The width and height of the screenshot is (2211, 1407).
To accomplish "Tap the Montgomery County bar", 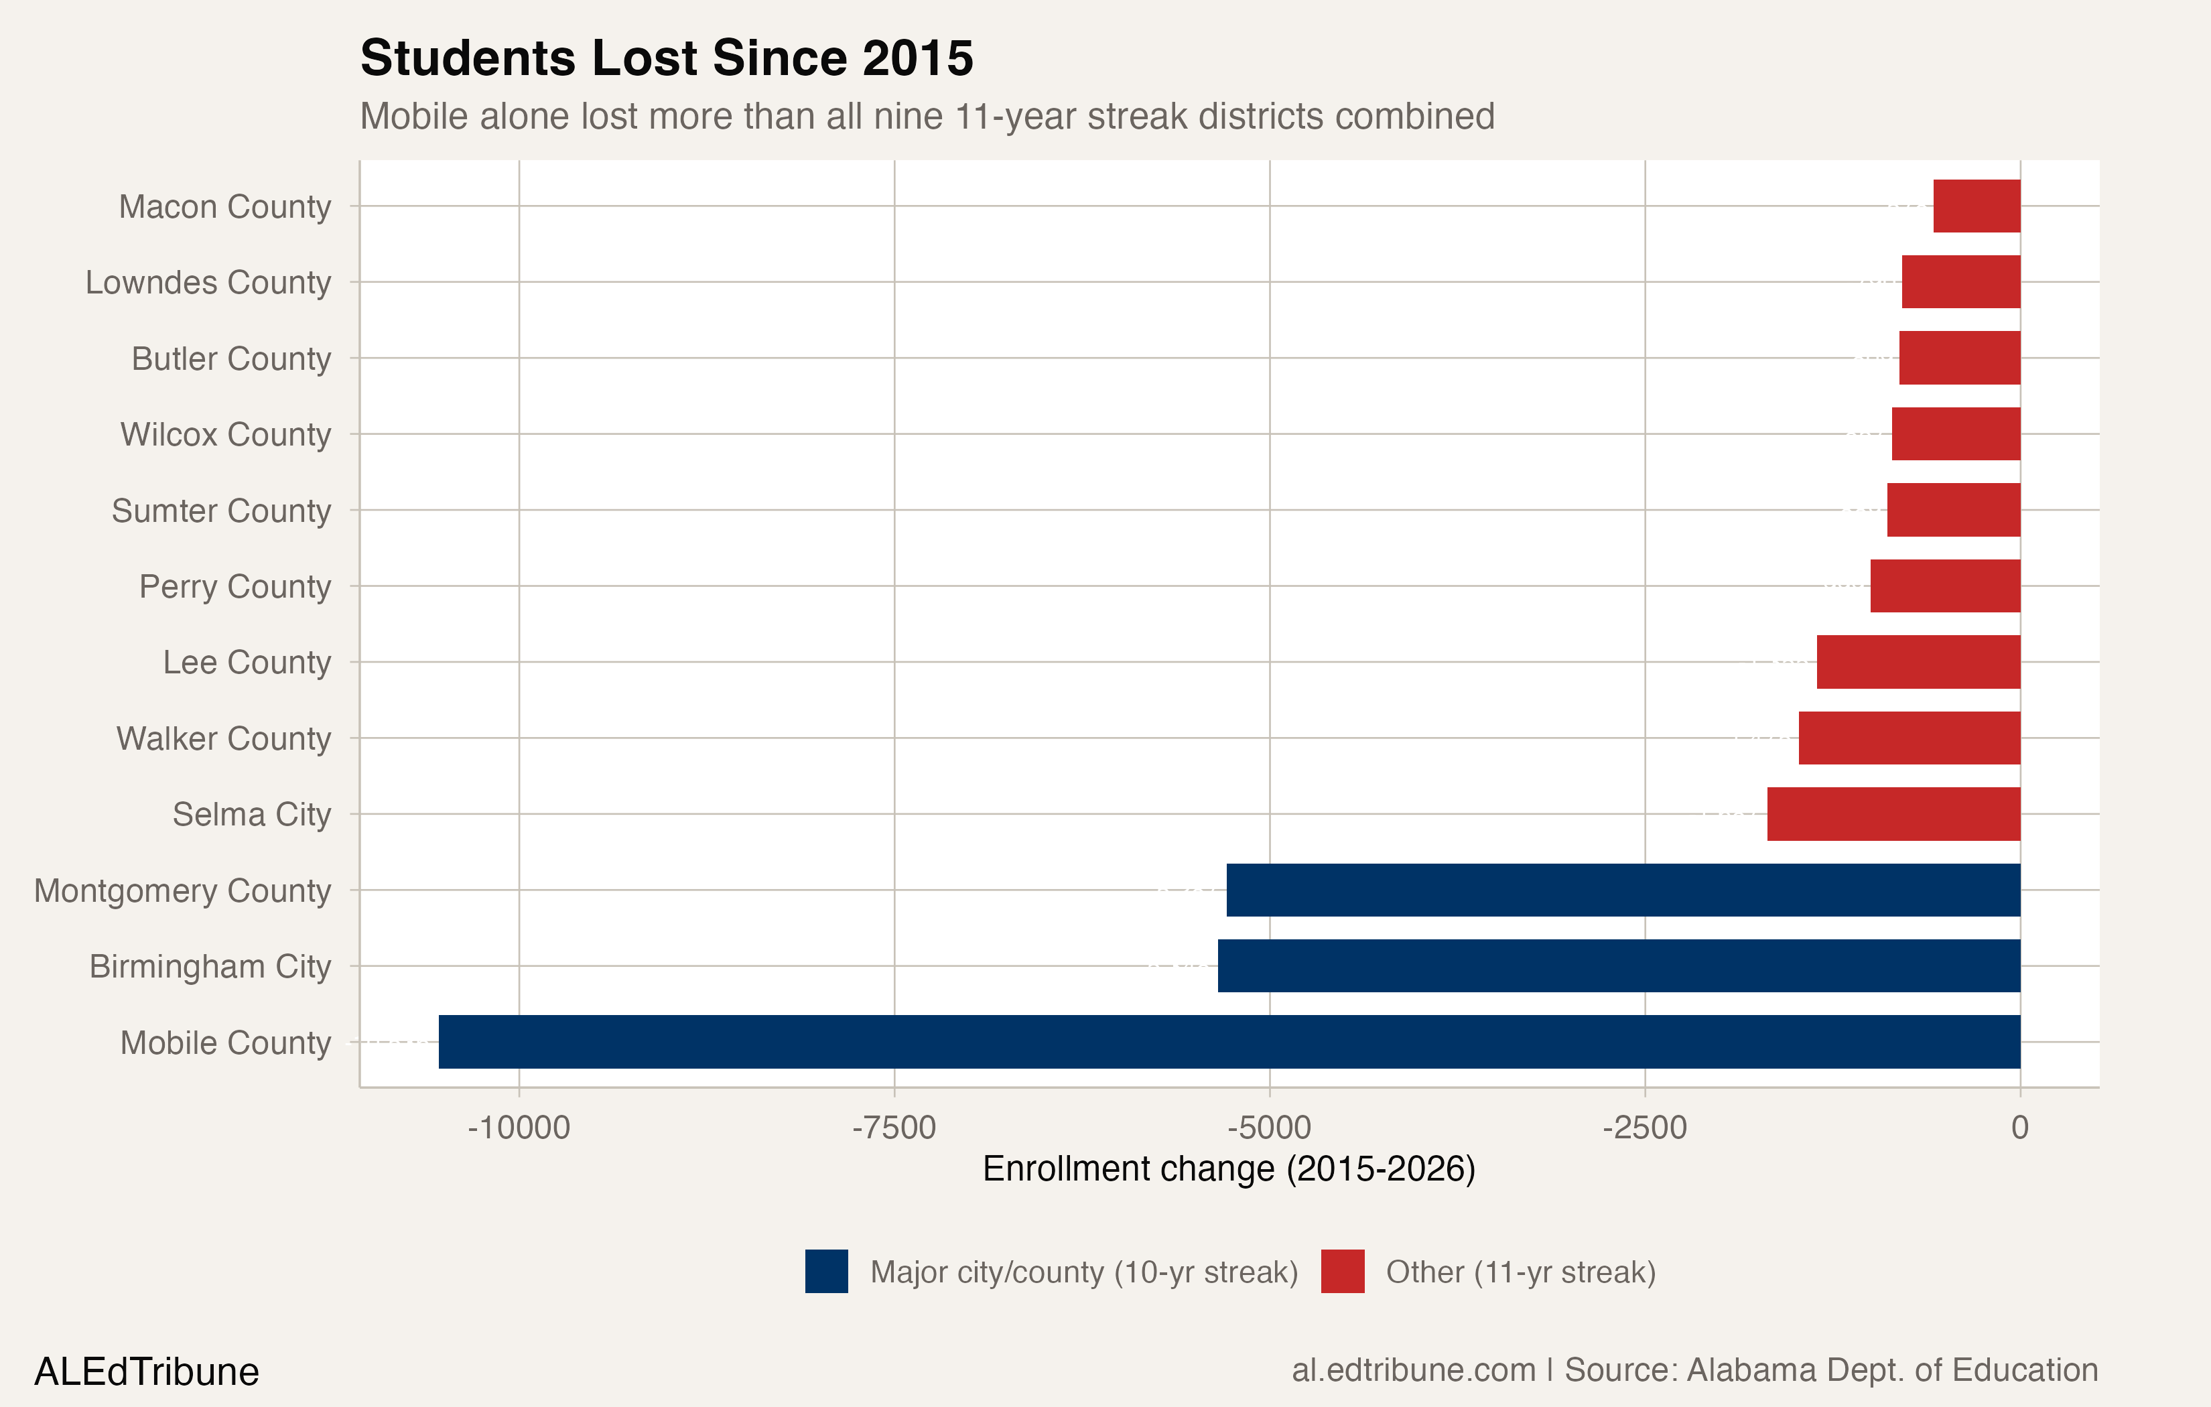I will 1623,889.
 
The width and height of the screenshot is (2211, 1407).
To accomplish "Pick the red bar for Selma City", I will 1893,813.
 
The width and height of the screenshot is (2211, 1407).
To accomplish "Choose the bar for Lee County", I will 1918,661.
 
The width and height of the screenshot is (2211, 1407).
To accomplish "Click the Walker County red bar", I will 1909,738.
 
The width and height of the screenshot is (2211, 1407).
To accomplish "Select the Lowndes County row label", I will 208,282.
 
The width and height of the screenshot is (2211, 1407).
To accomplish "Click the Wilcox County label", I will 225,433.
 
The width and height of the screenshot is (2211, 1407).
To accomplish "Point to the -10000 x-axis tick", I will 518,1127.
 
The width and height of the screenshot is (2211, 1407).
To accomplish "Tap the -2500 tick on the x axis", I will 1644,1127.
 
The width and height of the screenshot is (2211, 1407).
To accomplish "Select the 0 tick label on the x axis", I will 2019,1127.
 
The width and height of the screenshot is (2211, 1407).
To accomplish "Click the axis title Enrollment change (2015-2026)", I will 1229,1169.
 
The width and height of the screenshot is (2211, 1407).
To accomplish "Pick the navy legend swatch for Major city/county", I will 826,1271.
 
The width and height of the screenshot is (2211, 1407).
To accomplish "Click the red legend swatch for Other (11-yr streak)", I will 1343,1271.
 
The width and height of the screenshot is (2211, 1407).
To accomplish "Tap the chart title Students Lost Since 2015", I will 667,58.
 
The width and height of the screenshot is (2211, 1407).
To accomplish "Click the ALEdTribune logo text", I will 147,1371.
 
